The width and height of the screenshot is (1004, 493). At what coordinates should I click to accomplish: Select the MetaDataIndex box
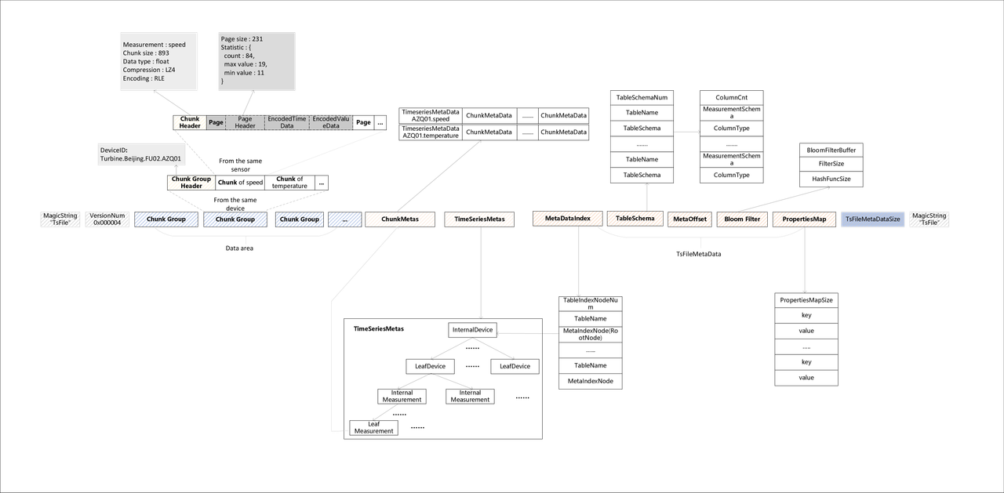[x=567, y=219]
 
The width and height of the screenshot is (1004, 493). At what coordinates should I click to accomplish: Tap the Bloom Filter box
[x=741, y=219]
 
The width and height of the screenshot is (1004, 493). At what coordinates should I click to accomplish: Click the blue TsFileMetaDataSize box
[x=872, y=219]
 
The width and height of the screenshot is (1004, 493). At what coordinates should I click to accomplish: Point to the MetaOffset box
[x=689, y=219]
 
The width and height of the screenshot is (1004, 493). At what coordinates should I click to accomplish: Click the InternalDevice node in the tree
[x=474, y=330]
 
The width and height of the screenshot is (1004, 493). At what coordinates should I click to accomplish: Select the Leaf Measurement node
[x=373, y=427]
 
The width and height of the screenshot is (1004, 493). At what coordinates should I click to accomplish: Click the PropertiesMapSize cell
[x=806, y=299]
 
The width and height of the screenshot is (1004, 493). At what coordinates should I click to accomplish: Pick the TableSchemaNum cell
[x=642, y=98]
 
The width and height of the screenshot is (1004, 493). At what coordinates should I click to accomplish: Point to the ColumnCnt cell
[x=731, y=98]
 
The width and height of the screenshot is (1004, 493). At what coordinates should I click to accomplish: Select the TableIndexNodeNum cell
[x=590, y=303]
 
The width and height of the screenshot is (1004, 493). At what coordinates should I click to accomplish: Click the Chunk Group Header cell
[x=191, y=183]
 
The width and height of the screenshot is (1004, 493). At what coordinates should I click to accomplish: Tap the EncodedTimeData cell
[x=287, y=123]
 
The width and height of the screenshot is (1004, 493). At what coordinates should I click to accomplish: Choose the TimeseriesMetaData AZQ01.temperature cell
[x=430, y=132]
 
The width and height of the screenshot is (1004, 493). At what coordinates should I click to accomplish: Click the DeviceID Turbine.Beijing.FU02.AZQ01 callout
[x=140, y=154]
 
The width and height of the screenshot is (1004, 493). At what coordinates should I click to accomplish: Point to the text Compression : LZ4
[x=149, y=70]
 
